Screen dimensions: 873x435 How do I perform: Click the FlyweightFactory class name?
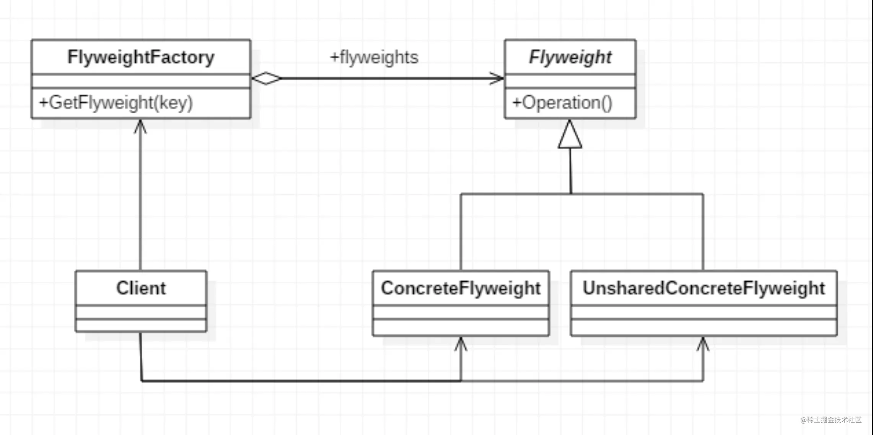pos(141,57)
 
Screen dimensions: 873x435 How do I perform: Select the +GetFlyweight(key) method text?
pos(116,103)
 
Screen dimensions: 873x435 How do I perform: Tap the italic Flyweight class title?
pos(570,57)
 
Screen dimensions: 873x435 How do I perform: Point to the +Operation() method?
pos(562,103)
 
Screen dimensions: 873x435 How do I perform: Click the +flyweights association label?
pos(374,57)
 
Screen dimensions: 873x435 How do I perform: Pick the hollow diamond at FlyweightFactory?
pos(266,78)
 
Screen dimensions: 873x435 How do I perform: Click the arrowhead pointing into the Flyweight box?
pos(497,78)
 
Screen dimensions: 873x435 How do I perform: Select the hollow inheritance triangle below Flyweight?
pos(570,134)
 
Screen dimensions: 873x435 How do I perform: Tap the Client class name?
pos(141,288)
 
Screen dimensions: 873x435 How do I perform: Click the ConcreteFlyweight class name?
pos(461,288)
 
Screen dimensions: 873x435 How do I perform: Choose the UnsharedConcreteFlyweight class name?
pos(704,288)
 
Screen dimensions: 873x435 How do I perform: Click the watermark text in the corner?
pos(831,420)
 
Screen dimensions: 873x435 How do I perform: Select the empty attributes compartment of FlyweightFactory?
pos(141,81)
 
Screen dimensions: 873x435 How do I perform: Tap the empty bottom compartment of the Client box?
pos(141,325)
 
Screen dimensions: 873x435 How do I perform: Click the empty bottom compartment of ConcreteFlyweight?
pos(461,327)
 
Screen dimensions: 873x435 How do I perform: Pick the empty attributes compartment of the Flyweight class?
pos(570,81)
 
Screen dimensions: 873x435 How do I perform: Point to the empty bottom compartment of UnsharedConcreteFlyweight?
pos(704,327)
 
